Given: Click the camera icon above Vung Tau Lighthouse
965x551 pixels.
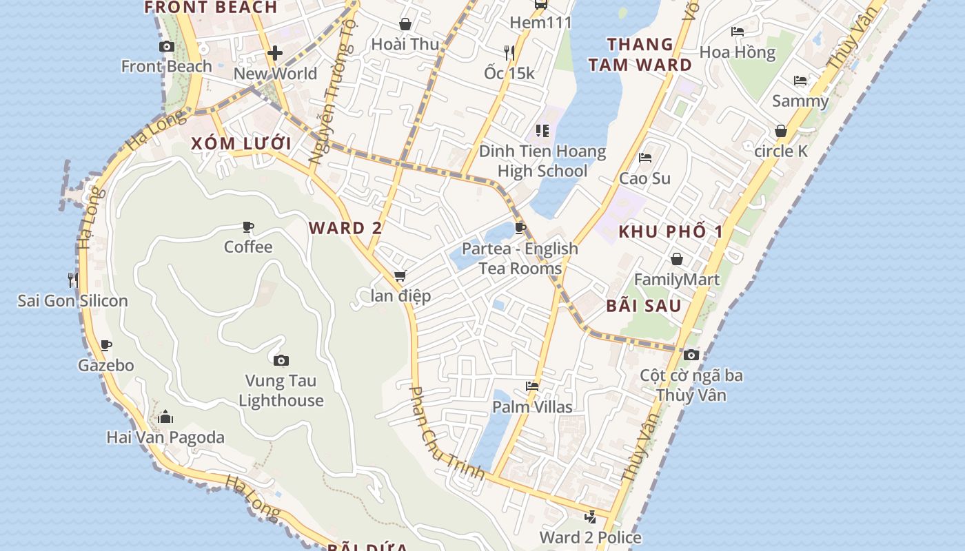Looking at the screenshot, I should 281,360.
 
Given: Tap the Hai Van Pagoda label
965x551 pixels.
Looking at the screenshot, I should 165,437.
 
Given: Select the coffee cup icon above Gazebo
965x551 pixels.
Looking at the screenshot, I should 105,345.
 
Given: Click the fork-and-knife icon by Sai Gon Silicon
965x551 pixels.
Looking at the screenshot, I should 72,280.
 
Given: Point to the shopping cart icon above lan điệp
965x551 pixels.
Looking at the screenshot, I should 400,276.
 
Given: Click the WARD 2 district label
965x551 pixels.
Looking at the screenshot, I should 345,228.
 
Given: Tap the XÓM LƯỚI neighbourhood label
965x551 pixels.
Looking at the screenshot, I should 241,144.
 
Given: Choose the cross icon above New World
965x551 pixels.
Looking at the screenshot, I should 275,53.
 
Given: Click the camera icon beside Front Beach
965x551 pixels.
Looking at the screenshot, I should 166,47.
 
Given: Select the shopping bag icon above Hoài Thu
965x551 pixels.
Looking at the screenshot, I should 405,24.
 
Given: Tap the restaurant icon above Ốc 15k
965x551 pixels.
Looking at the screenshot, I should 509,52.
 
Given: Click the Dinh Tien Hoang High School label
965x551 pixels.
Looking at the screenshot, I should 542,161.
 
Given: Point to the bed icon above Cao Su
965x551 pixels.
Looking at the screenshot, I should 645,158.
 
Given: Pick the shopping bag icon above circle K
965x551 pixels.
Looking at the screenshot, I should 781,131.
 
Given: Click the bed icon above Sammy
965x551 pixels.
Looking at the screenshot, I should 800,81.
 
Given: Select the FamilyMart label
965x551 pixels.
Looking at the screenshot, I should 676,280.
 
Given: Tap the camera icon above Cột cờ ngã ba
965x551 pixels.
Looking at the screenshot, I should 691,355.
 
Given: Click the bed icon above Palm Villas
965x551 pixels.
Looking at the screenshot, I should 532,386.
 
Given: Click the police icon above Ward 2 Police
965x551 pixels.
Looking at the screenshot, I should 590,517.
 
